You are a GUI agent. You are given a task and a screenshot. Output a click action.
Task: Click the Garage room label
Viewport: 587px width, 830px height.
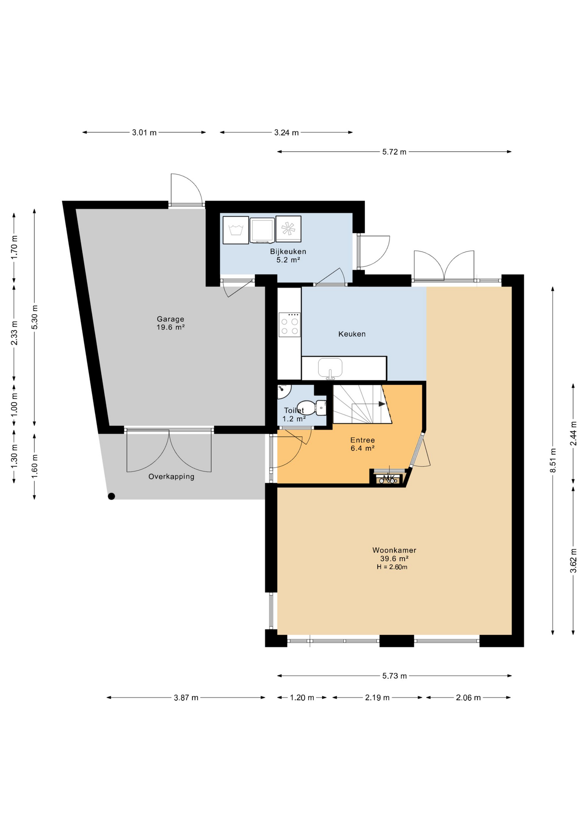(x=170, y=319)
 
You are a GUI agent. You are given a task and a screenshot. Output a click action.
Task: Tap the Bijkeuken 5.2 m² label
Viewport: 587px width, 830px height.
(x=288, y=255)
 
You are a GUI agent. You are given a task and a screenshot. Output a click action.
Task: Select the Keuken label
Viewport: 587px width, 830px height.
(x=352, y=334)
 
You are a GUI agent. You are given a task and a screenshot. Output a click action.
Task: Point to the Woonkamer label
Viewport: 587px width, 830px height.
(x=394, y=550)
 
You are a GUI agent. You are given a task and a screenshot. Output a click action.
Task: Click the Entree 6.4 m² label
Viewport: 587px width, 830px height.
(x=362, y=444)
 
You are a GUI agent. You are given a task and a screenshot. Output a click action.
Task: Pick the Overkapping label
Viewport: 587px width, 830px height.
(x=171, y=477)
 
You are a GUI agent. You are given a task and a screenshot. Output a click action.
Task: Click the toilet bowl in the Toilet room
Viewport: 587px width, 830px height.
(x=312, y=408)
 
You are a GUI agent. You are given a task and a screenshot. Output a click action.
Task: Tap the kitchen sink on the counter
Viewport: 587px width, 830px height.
(x=330, y=368)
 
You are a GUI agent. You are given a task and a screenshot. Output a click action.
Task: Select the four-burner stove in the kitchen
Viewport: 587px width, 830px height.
(x=290, y=325)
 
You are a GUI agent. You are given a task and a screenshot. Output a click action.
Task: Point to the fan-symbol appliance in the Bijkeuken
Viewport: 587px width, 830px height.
(x=288, y=229)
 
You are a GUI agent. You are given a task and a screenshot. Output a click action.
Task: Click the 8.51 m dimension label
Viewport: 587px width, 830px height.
(x=553, y=461)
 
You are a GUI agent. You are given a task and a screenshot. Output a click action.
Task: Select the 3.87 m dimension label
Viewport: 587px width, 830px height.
(x=186, y=698)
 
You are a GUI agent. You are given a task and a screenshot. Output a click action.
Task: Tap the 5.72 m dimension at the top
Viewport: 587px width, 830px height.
(x=394, y=152)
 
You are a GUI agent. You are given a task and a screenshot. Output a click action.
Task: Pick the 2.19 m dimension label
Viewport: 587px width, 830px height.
(x=377, y=698)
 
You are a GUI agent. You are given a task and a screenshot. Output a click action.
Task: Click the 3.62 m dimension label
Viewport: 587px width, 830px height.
(x=573, y=561)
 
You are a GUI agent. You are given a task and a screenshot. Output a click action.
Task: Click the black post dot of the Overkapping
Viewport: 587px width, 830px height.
(x=111, y=496)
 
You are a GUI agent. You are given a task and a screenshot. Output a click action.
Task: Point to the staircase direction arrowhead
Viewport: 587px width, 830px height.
(x=382, y=404)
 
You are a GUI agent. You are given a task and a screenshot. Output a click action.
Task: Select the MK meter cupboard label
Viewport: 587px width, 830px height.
(x=389, y=478)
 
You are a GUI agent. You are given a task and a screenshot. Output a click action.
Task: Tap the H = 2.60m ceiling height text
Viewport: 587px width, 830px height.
(x=392, y=567)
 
